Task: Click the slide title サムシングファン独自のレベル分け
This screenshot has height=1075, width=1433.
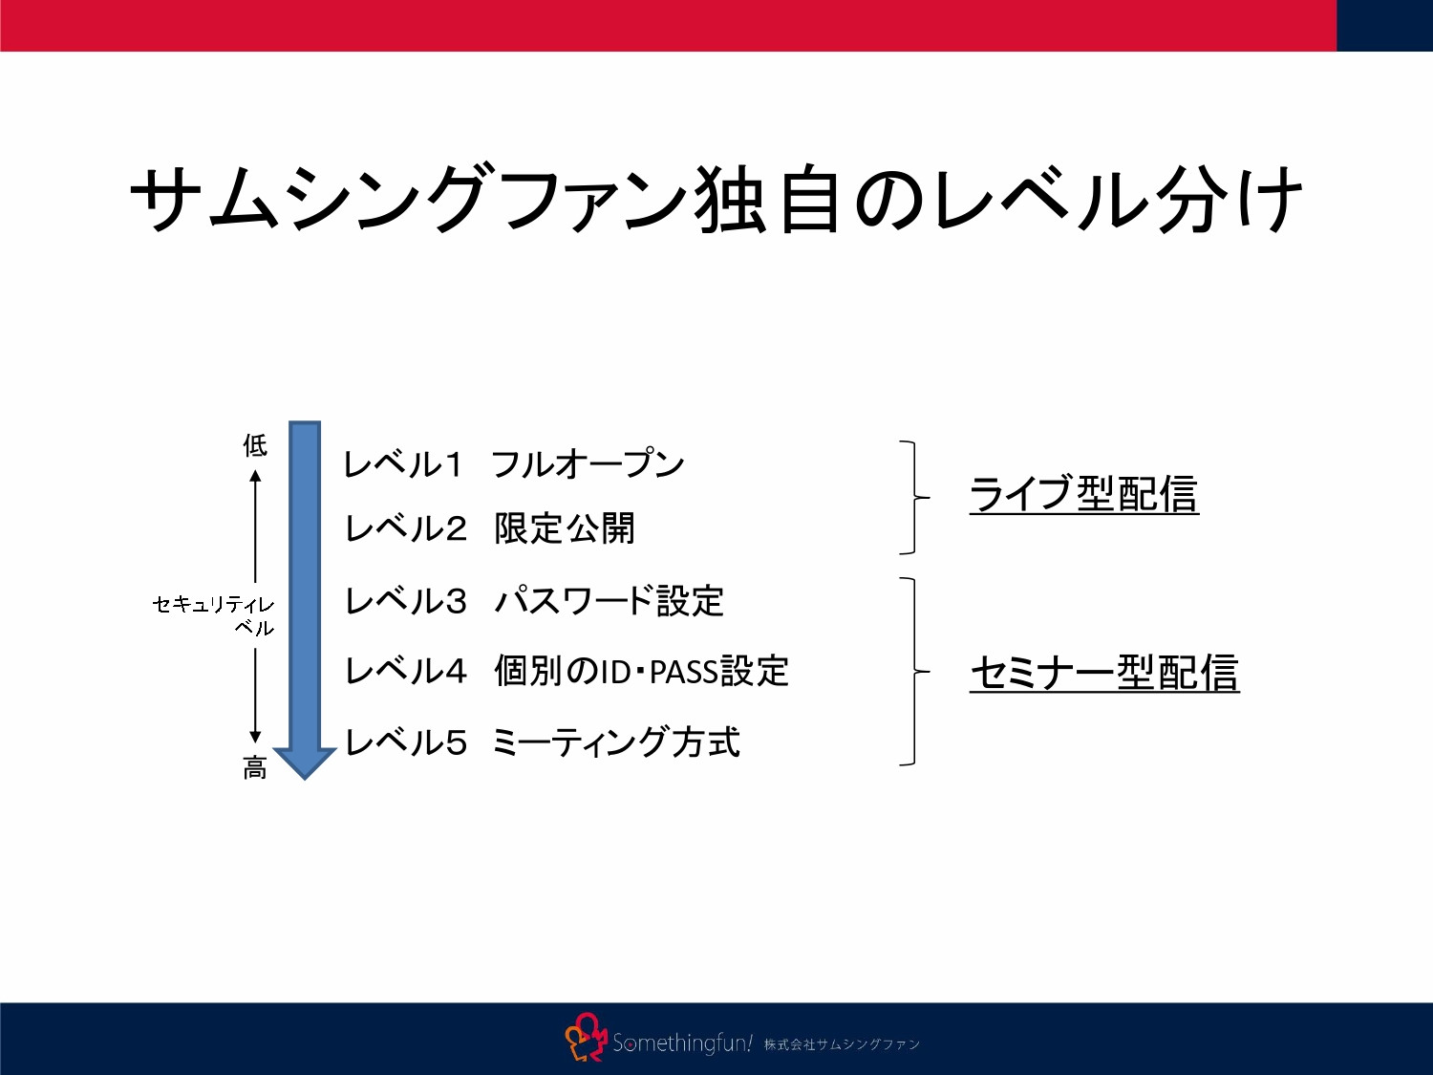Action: (x=716, y=199)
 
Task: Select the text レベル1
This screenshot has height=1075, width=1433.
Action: (x=402, y=465)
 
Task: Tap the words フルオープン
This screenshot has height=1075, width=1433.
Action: (x=588, y=464)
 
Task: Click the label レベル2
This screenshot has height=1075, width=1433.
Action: (x=405, y=528)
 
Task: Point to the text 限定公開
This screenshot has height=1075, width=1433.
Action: (x=565, y=528)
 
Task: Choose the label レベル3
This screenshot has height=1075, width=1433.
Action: (x=405, y=602)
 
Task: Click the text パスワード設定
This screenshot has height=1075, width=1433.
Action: (x=609, y=602)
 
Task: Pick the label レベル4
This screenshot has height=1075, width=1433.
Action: (x=405, y=672)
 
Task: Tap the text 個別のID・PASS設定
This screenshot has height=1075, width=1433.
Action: (x=641, y=672)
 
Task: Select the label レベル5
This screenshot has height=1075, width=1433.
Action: (x=405, y=742)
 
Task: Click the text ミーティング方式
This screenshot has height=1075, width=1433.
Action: (x=616, y=742)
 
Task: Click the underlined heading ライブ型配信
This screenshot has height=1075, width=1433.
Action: (x=1083, y=494)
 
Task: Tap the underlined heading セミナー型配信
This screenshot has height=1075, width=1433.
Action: (x=1104, y=673)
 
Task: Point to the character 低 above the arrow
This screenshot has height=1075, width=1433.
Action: (x=255, y=445)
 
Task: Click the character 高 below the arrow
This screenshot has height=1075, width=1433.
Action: (x=255, y=768)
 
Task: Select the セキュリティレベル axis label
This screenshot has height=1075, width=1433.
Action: (x=214, y=615)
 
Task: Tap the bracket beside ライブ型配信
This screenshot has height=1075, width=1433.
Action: (x=914, y=498)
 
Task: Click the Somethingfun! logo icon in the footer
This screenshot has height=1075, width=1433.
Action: (x=585, y=1039)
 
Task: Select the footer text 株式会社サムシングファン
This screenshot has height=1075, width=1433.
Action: (x=842, y=1044)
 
